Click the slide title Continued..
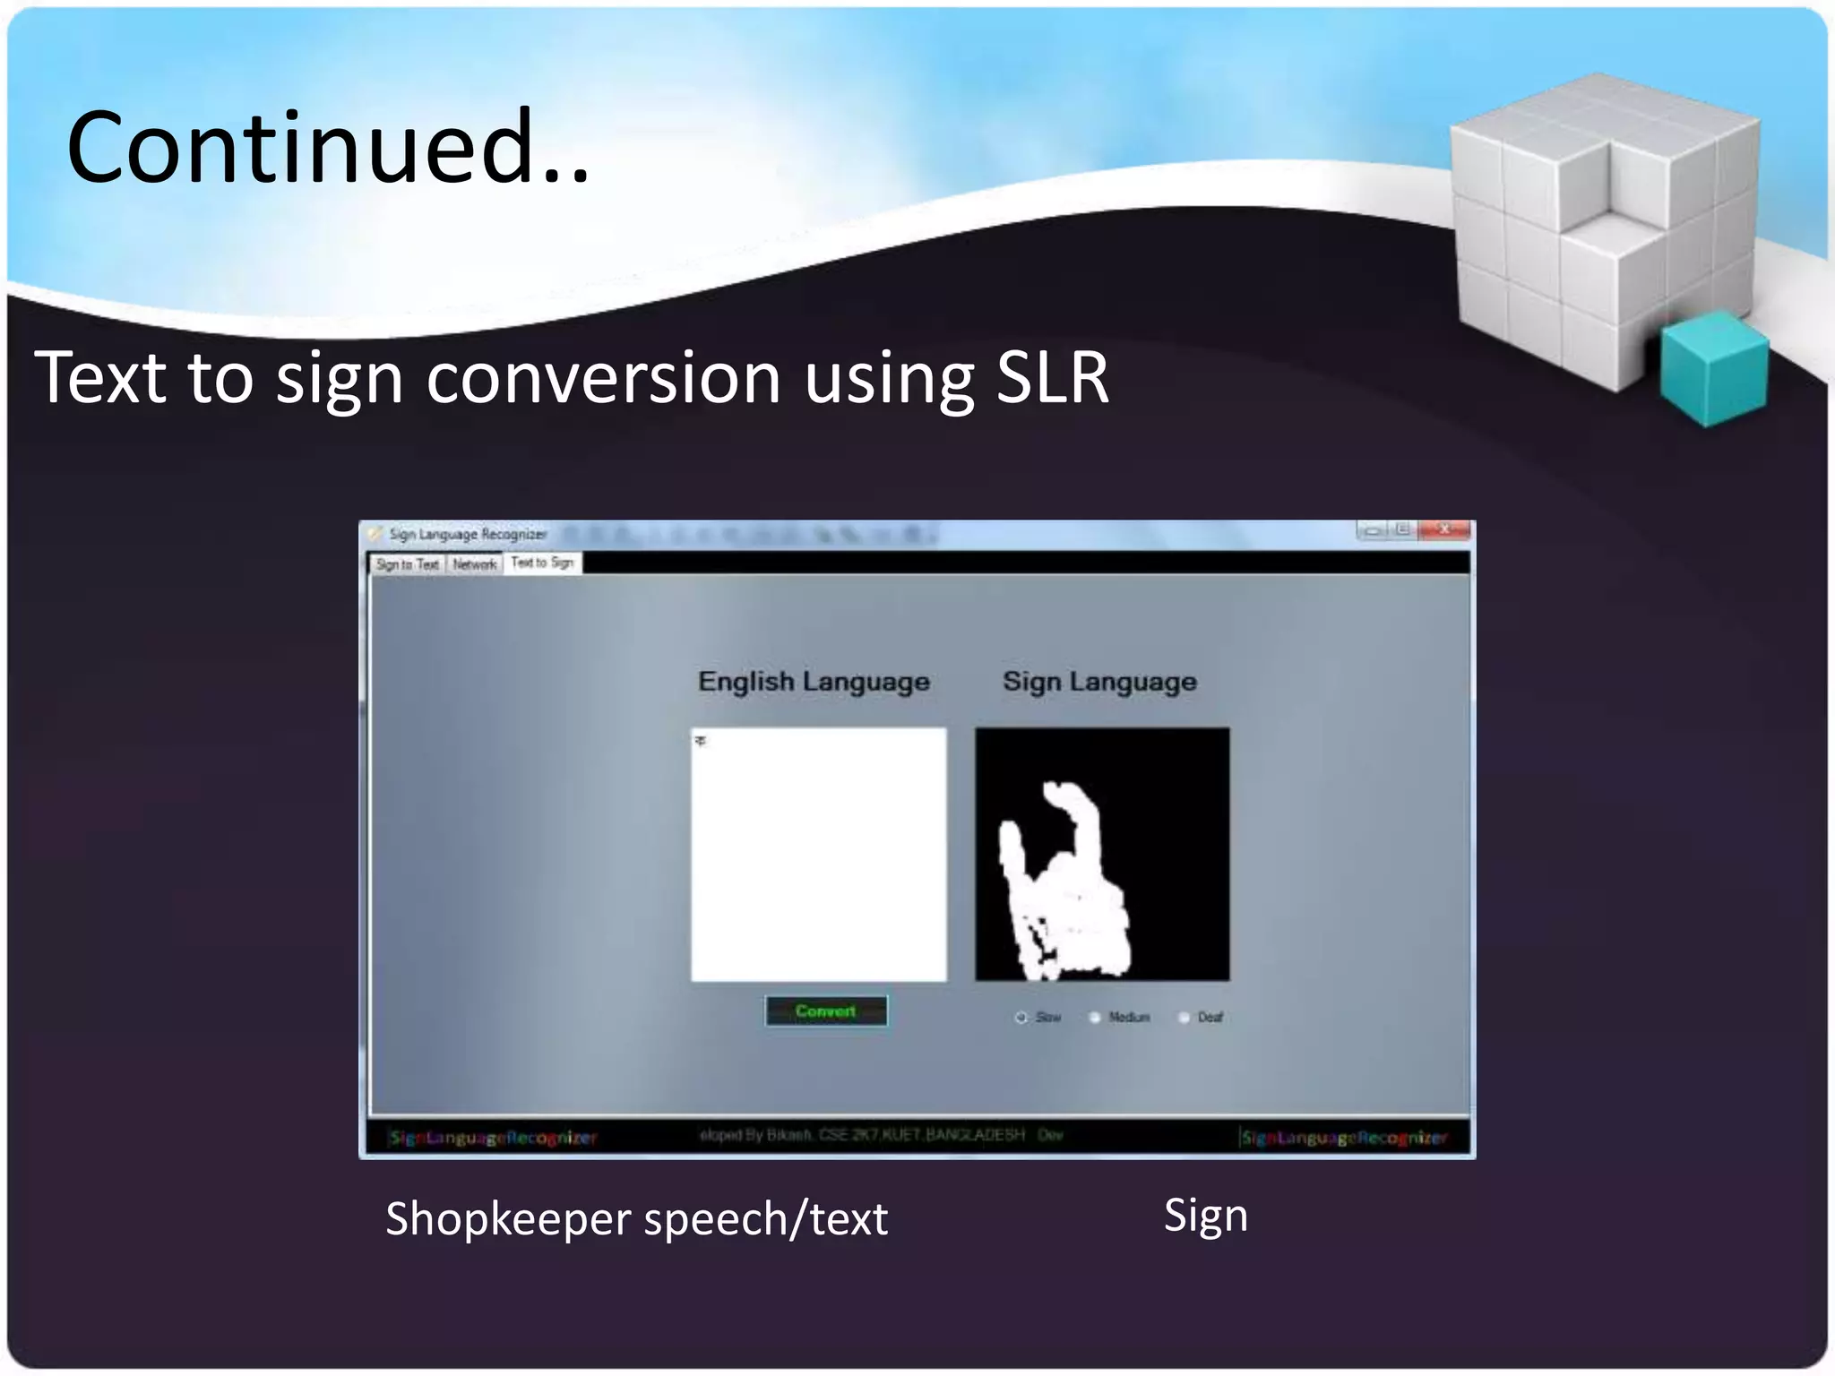point(328,147)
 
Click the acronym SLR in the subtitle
point(1052,378)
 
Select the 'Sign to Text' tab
point(407,564)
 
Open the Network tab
point(474,564)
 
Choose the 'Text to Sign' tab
point(542,563)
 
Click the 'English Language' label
point(814,682)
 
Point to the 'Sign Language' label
point(1099,682)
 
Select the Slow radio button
point(1021,1018)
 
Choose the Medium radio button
point(1094,1018)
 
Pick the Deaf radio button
point(1184,1018)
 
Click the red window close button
point(1443,530)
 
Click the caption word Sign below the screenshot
point(1205,1216)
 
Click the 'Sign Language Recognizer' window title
point(467,535)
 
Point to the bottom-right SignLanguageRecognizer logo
point(1343,1138)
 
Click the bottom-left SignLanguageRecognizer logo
point(493,1138)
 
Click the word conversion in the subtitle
point(603,378)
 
